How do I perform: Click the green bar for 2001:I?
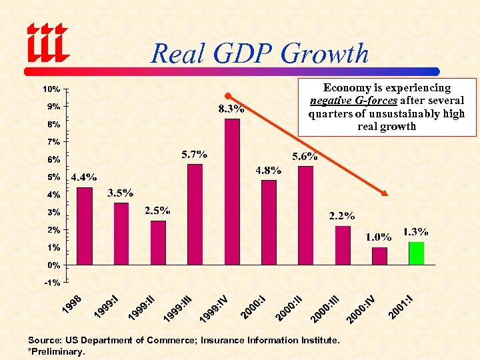(416, 253)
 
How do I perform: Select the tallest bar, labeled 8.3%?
(232, 191)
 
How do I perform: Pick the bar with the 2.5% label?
(158, 243)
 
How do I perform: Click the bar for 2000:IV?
(379, 256)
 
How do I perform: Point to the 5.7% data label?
(194, 154)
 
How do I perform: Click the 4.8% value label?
(269, 170)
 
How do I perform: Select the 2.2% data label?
(342, 216)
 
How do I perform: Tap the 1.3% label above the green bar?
(415, 231)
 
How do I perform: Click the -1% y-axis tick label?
(52, 283)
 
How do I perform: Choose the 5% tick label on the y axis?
(53, 177)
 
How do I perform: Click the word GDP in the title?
(252, 53)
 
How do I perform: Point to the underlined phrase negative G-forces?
(353, 101)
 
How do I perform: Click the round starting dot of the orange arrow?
(227, 95)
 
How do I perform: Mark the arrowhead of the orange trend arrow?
(385, 193)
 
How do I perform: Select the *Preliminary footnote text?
(57, 351)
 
